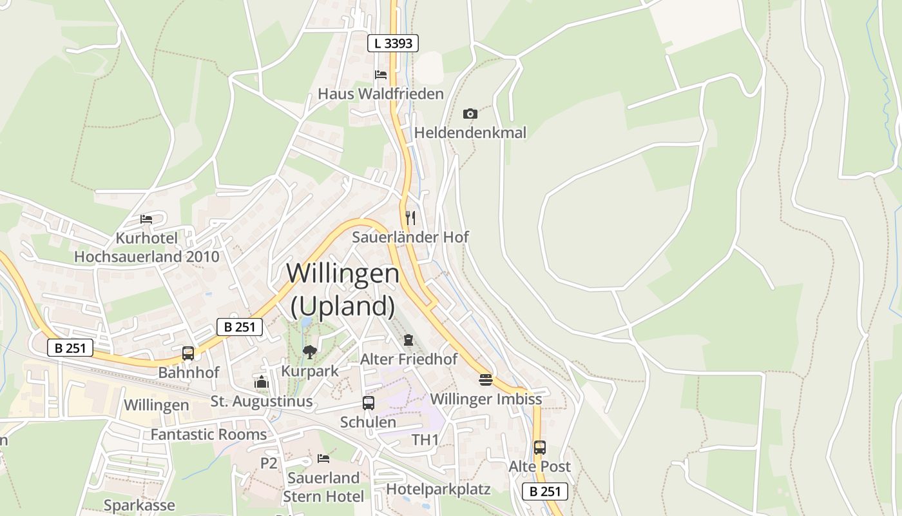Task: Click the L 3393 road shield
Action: click(393, 43)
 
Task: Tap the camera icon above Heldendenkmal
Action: click(470, 114)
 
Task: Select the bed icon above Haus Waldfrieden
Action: click(381, 74)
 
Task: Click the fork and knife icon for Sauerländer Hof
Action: click(410, 217)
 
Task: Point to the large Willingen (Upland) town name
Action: click(343, 290)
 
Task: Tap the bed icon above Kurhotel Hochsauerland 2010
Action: click(146, 219)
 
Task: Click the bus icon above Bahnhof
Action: click(188, 353)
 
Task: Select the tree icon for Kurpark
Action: click(310, 352)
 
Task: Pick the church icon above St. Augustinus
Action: click(261, 382)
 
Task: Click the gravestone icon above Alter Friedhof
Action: click(408, 339)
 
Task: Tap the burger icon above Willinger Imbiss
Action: click(486, 379)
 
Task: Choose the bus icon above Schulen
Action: click(369, 403)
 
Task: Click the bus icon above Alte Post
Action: click(540, 447)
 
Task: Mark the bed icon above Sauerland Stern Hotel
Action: click(323, 458)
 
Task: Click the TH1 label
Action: click(425, 440)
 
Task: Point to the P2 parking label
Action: click(269, 462)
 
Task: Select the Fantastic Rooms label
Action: click(208, 434)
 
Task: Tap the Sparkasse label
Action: click(139, 505)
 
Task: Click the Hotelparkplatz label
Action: click(438, 489)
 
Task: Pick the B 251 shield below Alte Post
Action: click(544, 491)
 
